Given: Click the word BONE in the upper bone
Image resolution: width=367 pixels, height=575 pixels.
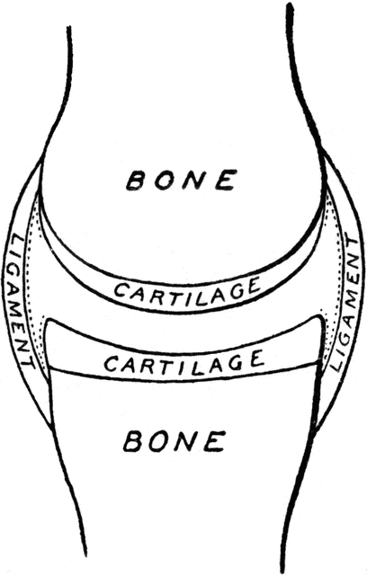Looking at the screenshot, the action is coord(180,180).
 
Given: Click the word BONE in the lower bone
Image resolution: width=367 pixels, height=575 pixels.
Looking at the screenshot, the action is coord(175,440).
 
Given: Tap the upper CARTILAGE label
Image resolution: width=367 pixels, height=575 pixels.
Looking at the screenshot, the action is coord(187,287).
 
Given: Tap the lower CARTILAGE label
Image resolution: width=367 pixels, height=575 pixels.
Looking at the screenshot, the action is coord(184,363).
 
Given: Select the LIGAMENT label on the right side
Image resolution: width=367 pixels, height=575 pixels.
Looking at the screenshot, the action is coord(345,305).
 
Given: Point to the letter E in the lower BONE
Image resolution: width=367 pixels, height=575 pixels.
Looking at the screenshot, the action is coord(215,441).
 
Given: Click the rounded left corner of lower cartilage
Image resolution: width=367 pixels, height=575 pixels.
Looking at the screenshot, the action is coord(49,323).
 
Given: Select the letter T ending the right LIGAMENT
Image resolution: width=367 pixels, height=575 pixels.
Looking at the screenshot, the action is coord(352,243).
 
